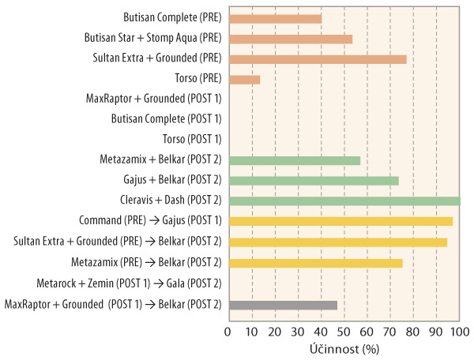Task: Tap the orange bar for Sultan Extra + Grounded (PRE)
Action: coord(317,58)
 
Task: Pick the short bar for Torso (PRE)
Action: coord(244,79)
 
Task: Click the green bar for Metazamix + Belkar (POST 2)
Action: coord(294,160)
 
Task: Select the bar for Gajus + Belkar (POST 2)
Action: coord(313,181)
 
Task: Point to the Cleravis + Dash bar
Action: coord(344,201)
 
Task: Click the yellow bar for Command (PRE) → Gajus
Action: coord(340,221)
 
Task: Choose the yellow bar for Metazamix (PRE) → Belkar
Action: coord(315,262)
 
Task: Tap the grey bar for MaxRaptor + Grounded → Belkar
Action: coord(282,304)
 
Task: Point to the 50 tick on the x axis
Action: coord(344,331)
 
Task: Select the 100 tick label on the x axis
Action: coord(459,331)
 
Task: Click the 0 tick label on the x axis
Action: coord(228,331)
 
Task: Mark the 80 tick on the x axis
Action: coord(413,331)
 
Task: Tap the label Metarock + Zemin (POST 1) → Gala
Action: coord(129,283)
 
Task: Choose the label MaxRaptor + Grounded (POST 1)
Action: coord(153,99)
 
